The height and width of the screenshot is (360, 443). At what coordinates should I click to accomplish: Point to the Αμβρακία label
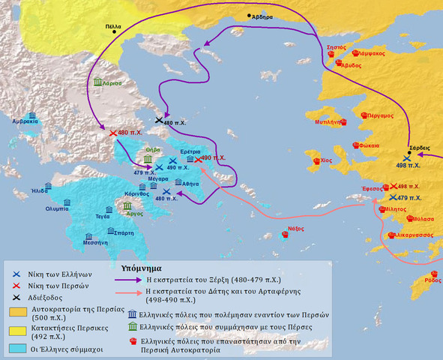coord(25,120)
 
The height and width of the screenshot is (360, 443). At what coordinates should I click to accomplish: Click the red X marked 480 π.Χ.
coord(113,133)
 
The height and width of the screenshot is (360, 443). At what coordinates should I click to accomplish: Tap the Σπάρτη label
coord(124,232)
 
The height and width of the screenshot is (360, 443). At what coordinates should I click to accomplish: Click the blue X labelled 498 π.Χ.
coord(406,159)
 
